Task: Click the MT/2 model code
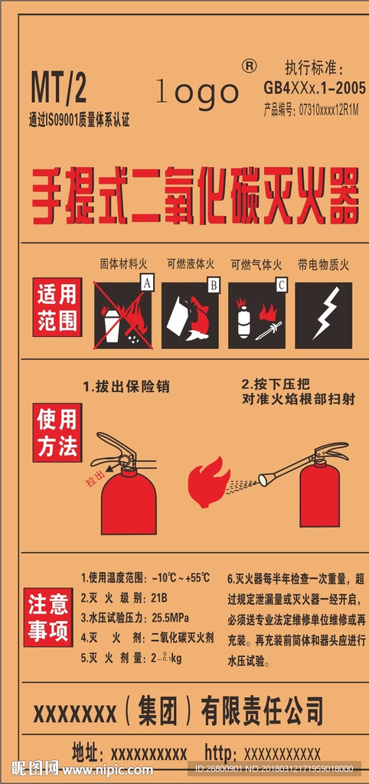(58, 90)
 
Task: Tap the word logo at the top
(198, 92)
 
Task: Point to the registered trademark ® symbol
(249, 67)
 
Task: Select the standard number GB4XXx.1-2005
(314, 88)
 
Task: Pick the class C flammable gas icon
(257, 315)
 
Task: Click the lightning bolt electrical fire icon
(323, 315)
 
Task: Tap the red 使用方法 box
(57, 433)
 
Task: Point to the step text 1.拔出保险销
(126, 387)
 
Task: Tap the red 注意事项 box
(48, 618)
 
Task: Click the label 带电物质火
(323, 265)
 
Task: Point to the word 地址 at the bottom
(87, 750)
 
